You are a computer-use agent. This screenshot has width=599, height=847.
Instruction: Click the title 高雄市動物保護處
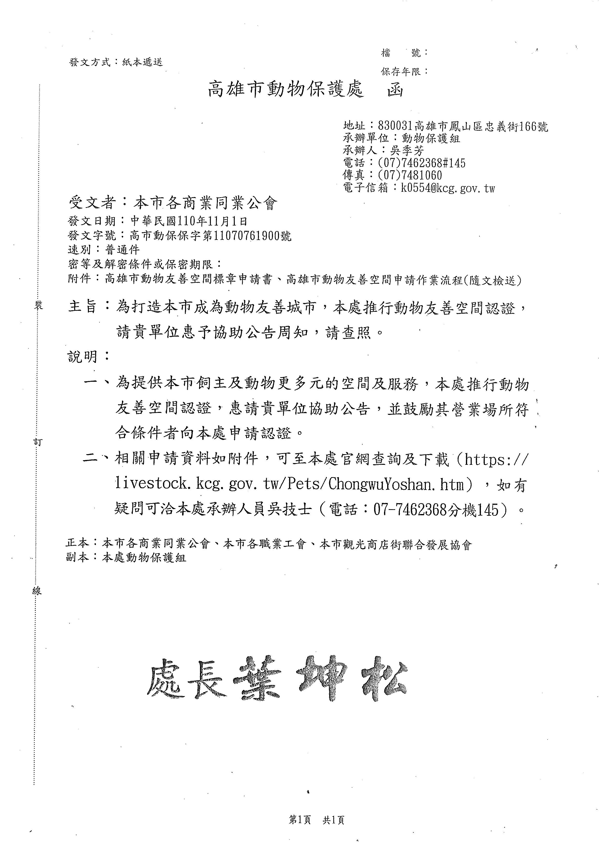pyautogui.click(x=286, y=90)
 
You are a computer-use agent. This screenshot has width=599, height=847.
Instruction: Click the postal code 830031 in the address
pyautogui.click(x=394, y=127)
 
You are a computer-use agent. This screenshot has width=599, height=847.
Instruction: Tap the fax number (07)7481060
pyautogui.click(x=410, y=175)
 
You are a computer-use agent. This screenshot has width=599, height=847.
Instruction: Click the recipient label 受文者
pyautogui.click(x=92, y=203)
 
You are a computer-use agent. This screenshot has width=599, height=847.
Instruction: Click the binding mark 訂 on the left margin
pyautogui.click(x=38, y=442)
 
